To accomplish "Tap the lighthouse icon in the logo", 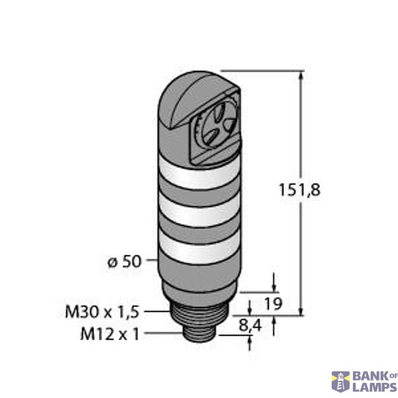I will [340, 381].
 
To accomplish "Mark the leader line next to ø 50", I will [151, 261].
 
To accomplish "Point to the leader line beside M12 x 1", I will [163, 334].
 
